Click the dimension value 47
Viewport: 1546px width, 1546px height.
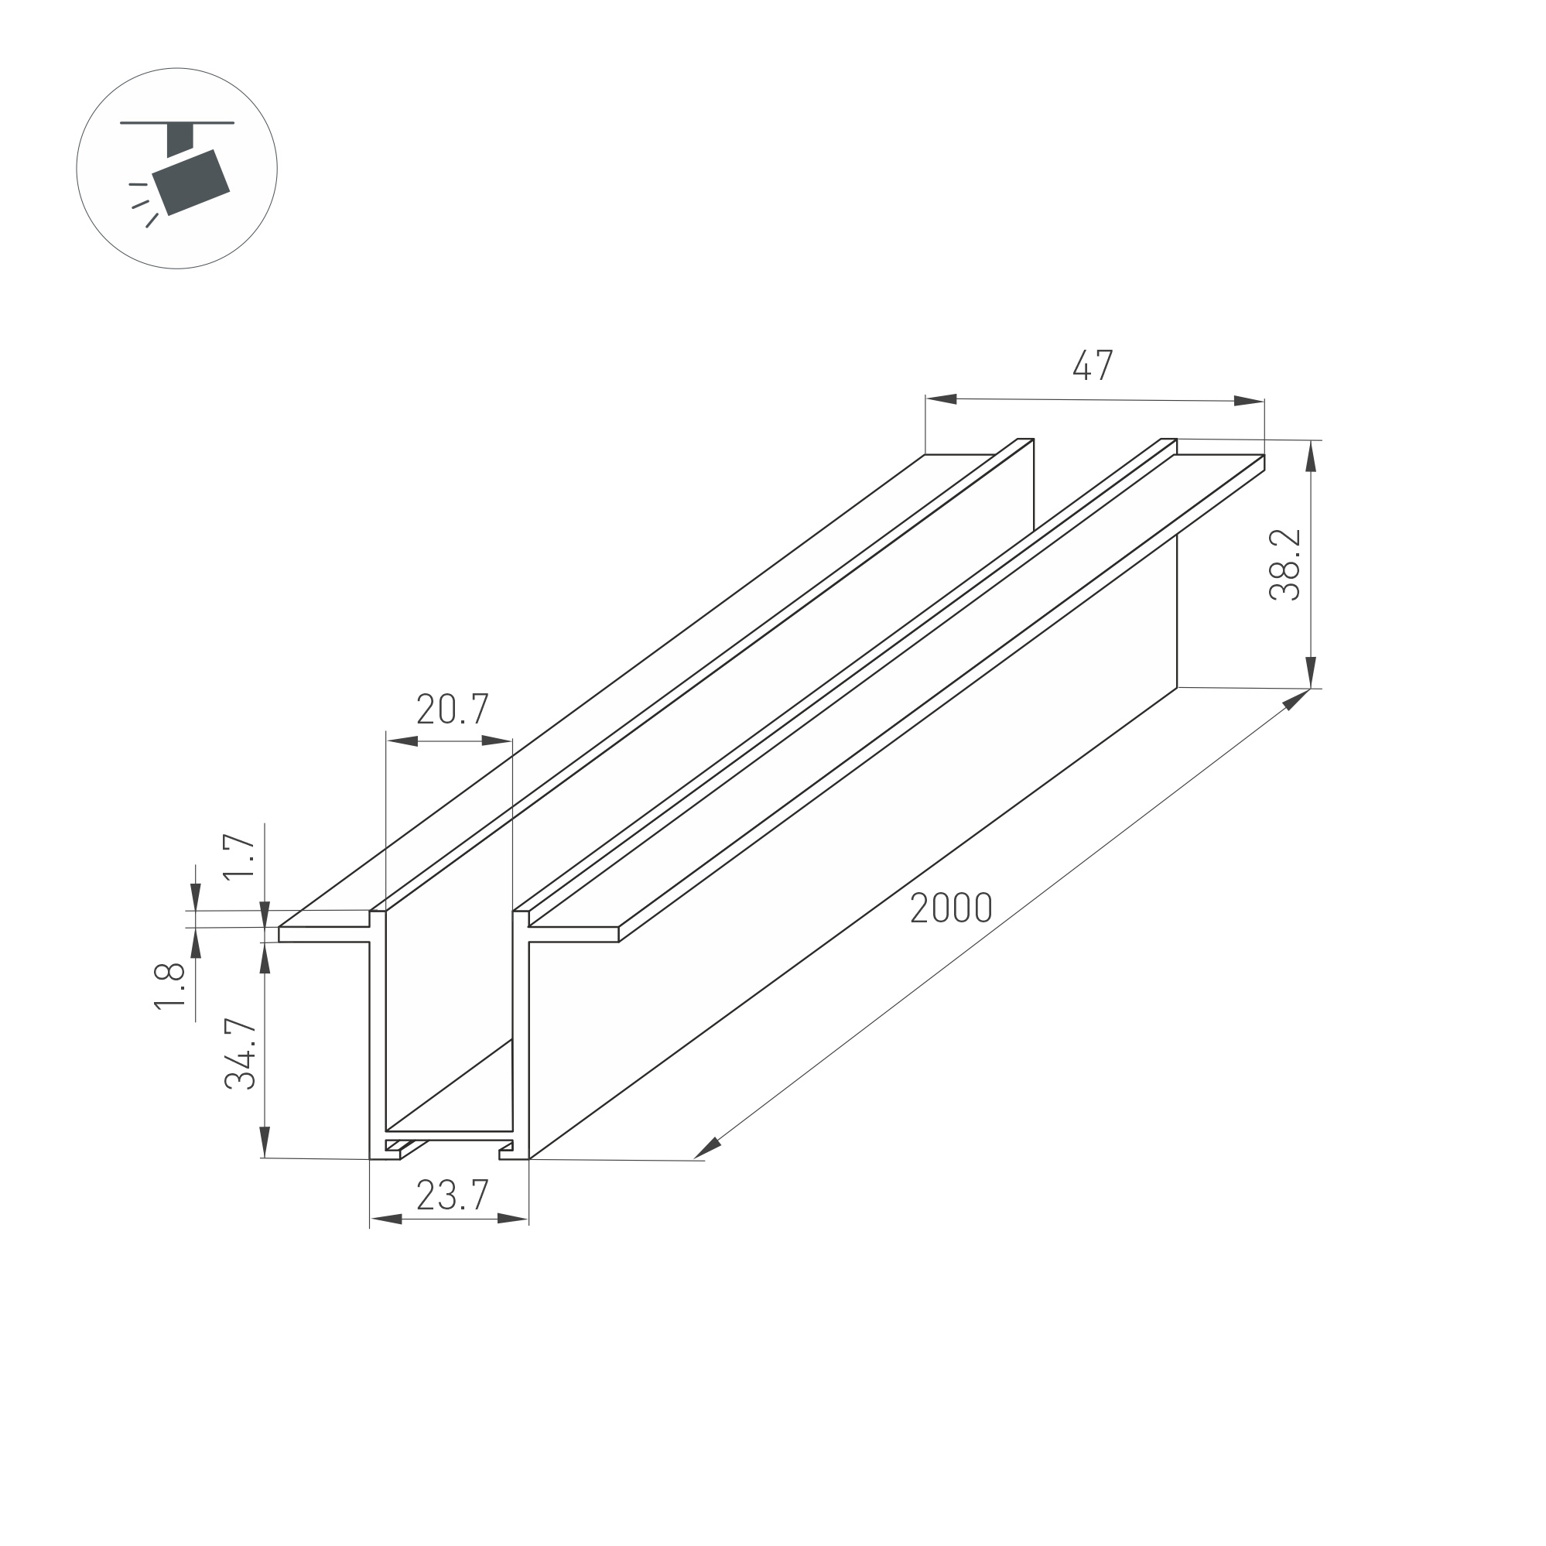pos(1093,366)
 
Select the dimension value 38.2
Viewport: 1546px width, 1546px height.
pos(1285,564)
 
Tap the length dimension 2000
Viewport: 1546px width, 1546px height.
pos(952,908)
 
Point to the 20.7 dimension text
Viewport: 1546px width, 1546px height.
pos(452,709)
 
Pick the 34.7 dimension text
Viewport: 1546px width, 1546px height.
pos(240,1055)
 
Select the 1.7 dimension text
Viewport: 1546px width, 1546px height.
pos(238,857)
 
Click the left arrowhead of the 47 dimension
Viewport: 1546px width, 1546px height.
pos(942,398)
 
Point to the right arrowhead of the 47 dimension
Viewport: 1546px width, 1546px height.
pos(1248,401)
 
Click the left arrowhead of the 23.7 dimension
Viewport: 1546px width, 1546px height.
pos(385,1219)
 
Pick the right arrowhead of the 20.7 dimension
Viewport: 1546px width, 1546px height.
pos(497,741)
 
